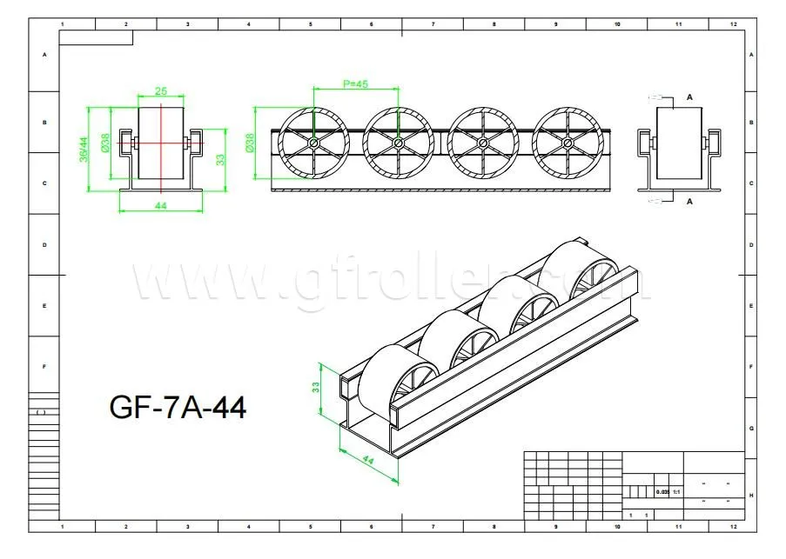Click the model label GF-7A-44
178,406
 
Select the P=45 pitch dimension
355,84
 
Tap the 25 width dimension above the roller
161,91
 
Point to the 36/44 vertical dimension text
84,149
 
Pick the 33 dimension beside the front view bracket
220,158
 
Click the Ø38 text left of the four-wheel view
251,143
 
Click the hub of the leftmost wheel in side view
312,143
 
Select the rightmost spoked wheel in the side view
567,143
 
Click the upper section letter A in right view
690,97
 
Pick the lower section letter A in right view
690,201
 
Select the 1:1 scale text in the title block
675,492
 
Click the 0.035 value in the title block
662,492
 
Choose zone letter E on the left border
44,305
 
